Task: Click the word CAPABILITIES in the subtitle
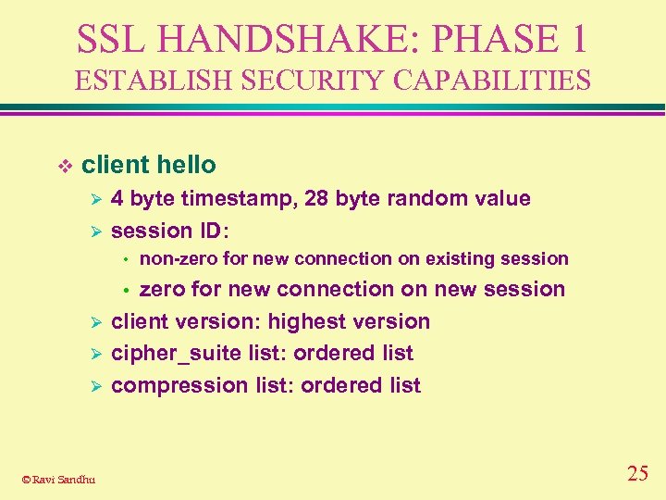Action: [x=491, y=81]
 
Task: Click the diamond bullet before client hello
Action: [x=64, y=167]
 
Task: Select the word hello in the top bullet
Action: [x=186, y=166]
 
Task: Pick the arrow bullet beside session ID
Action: [x=92, y=231]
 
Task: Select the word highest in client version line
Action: [x=306, y=321]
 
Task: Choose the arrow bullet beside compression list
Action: [x=92, y=386]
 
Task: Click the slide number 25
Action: [x=637, y=473]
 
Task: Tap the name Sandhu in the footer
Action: [x=76, y=479]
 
